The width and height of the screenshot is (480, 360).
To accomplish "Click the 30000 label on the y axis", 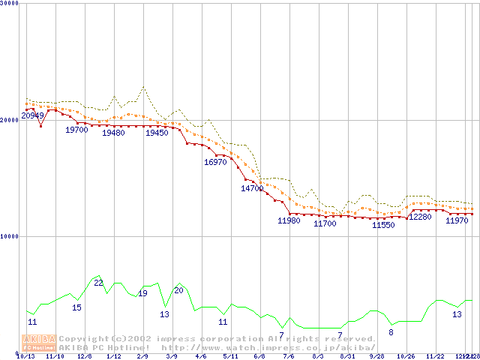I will (x=10, y=3).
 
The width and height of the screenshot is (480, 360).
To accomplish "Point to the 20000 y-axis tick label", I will (x=10, y=120).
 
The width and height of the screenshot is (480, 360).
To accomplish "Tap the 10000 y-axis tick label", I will (x=10, y=236).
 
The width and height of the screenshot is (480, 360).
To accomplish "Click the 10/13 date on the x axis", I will (x=25, y=356).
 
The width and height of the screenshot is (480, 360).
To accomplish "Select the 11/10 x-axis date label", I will (x=55, y=356).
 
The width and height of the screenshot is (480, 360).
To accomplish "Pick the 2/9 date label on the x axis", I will (x=142, y=356).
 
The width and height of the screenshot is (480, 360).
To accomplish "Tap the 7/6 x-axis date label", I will (x=289, y=356).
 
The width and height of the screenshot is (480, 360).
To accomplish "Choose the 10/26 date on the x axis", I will (x=406, y=356).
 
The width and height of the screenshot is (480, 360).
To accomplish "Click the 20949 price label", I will (x=32, y=115).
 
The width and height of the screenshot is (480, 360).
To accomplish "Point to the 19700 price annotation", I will (x=76, y=130).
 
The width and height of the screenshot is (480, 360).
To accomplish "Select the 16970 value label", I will (x=215, y=162).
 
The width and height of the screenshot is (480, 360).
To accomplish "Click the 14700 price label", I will (x=252, y=188).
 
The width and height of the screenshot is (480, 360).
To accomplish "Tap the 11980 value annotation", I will (x=289, y=220).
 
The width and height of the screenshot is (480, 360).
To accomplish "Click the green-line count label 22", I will (x=98, y=282).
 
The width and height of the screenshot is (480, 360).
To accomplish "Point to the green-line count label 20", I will (x=178, y=289).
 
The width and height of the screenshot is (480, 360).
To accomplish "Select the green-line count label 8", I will (x=391, y=331).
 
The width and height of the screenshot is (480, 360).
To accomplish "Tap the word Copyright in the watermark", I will (x=83, y=338).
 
